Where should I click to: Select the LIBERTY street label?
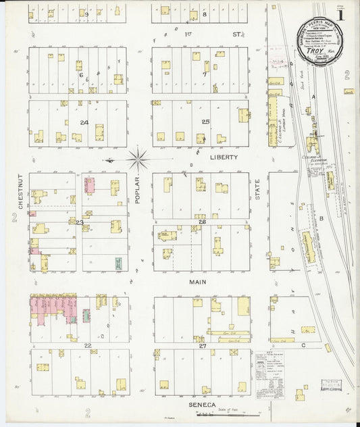[224, 157]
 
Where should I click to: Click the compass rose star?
[138, 159]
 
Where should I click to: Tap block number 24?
[84, 122]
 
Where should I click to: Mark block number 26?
[201, 222]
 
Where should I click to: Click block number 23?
[80, 222]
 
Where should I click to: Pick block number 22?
[88, 345]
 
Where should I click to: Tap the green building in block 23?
[119, 263]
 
